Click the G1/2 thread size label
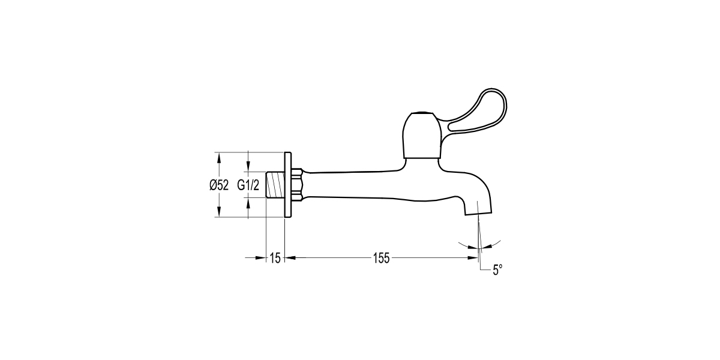point(248,185)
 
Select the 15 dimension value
point(275,259)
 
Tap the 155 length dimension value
point(382,259)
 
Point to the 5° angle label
point(497,271)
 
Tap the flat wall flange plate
point(288,185)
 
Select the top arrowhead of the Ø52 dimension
point(219,157)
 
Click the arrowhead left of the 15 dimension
point(262,259)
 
